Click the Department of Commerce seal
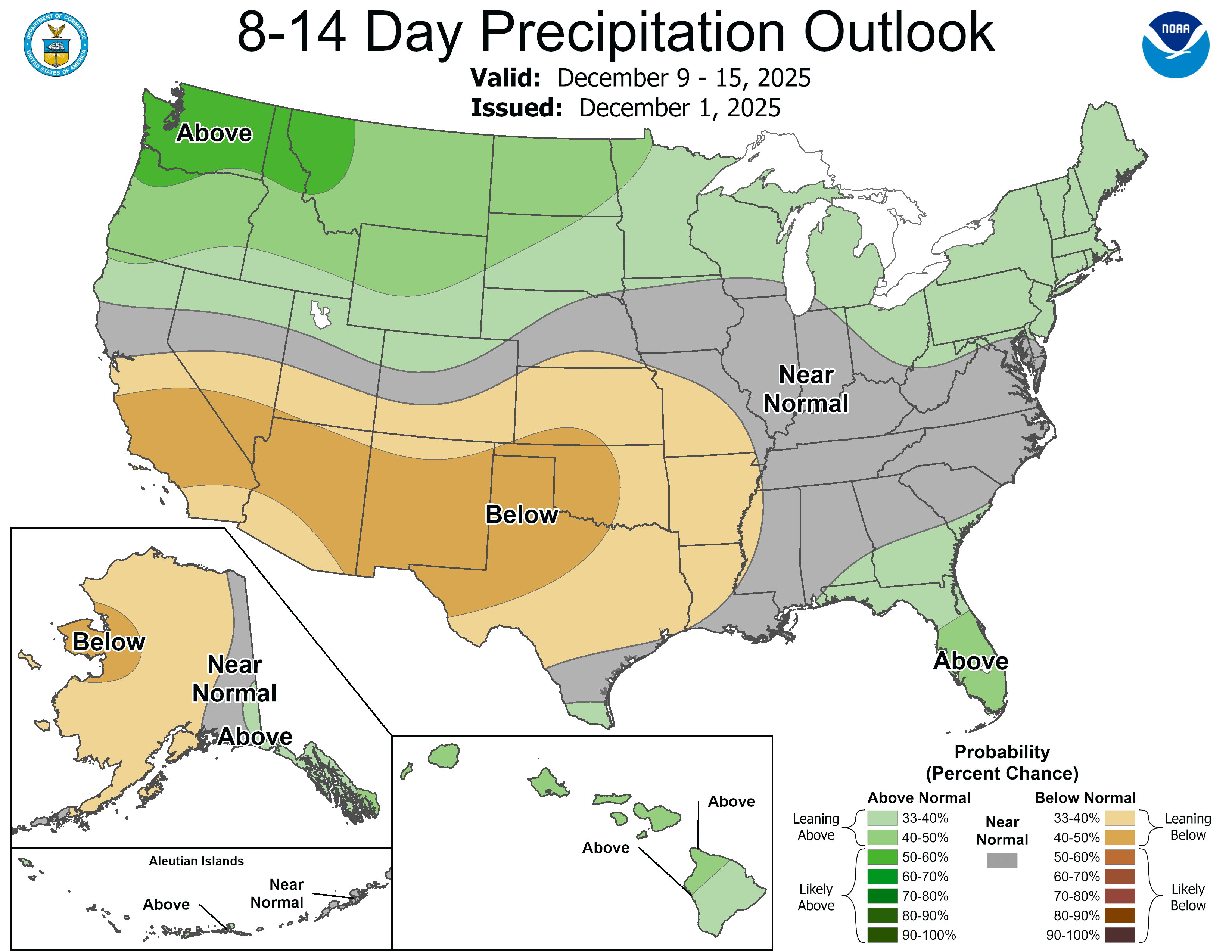tap(56, 44)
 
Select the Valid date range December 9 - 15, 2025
tap(684, 78)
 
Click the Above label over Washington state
tap(214, 134)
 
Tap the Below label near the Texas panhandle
tap(521, 515)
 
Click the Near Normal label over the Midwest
tap(806, 389)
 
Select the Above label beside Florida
tap(970, 661)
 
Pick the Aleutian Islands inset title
tap(196, 861)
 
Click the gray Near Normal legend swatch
tap(1002, 860)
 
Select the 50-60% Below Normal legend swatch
tap(1119, 857)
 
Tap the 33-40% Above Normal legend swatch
tap(882, 818)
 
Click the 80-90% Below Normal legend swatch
tap(1119, 915)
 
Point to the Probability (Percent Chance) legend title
tap(1002, 762)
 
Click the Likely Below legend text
tap(1188, 897)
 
